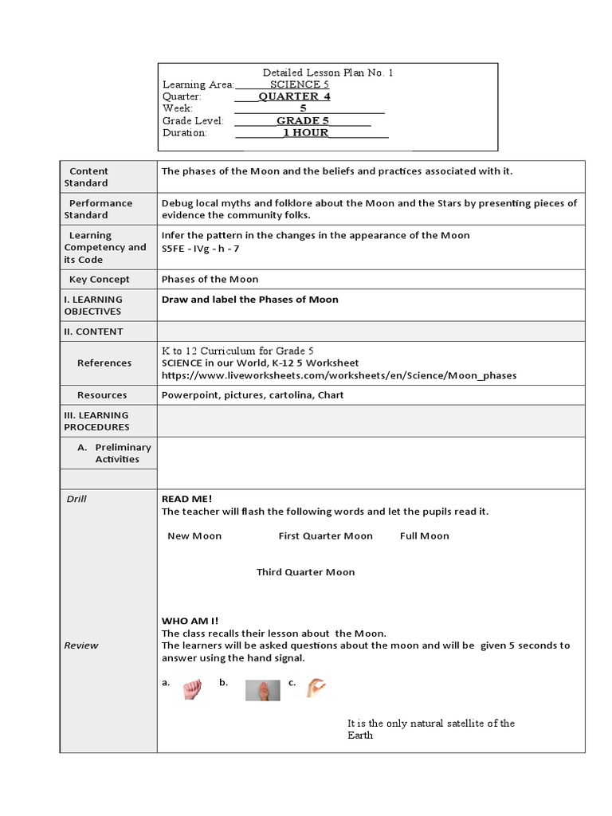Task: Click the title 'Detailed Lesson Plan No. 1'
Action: (328, 73)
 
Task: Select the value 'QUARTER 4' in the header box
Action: (294, 96)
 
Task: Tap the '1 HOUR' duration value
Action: (305, 132)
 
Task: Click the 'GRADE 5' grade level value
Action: (303, 120)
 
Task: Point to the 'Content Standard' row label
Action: (87, 177)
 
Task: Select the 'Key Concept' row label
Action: (100, 280)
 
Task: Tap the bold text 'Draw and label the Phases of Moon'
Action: (250, 300)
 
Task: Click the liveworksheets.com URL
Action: (339, 375)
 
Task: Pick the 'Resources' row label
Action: (102, 395)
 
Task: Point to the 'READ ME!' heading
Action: (187, 499)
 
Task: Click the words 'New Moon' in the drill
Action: (194, 536)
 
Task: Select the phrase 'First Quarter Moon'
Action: (325, 536)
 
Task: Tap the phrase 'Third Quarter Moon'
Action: (305, 572)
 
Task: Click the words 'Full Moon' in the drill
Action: (424, 536)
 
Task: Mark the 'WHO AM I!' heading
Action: (190, 621)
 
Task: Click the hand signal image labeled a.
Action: (192, 689)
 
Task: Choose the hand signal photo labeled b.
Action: (262, 690)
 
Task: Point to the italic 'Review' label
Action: (81, 645)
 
